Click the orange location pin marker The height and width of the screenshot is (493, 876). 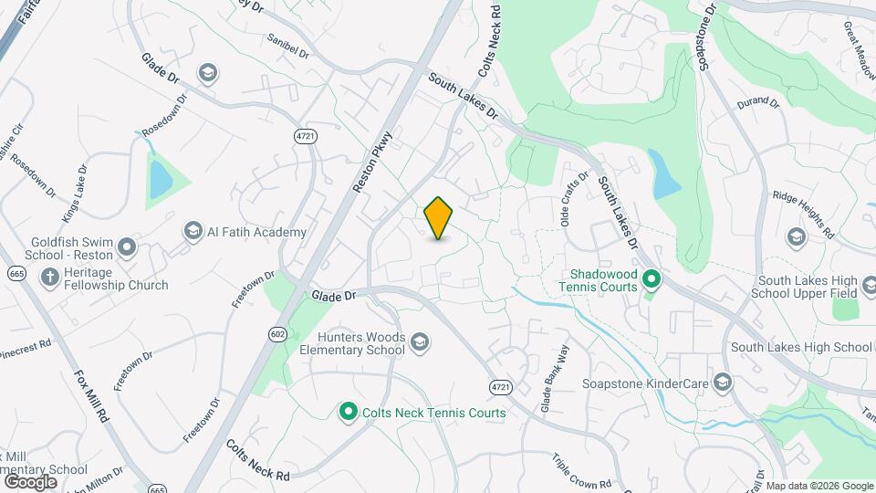(x=439, y=218)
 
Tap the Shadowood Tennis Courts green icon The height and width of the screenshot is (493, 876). (x=651, y=278)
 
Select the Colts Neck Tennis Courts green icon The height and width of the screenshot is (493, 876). (x=348, y=413)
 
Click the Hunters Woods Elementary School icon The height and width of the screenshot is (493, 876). (x=420, y=342)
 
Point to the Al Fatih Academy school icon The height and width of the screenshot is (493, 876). (x=193, y=232)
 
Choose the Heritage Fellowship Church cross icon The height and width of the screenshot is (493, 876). (x=50, y=277)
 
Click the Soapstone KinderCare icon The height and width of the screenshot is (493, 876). (x=724, y=382)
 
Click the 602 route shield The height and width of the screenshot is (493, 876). (x=277, y=334)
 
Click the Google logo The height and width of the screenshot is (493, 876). (x=30, y=481)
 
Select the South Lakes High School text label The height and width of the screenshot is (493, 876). (x=801, y=347)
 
